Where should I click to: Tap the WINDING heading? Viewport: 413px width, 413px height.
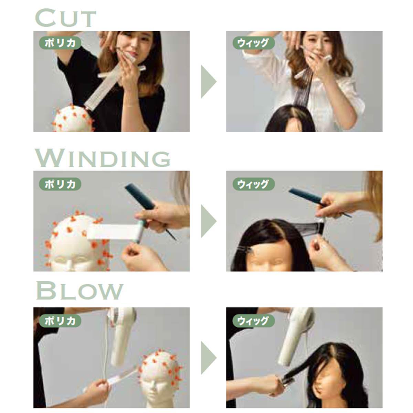click(x=103, y=158)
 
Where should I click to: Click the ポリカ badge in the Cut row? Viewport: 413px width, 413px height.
click(x=60, y=43)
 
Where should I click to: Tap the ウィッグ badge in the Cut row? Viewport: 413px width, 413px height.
click(x=254, y=43)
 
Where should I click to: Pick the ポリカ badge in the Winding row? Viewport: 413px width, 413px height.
click(x=60, y=184)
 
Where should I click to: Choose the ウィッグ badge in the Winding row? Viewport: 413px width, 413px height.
click(x=254, y=184)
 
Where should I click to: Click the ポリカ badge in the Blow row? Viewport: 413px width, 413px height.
click(x=60, y=321)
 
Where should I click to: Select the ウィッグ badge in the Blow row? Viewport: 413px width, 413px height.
click(x=254, y=321)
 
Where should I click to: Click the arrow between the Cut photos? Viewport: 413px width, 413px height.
click(x=208, y=82)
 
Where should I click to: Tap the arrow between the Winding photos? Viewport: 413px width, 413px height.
click(x=208, y=221)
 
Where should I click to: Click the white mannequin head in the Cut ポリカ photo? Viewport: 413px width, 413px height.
click(x=72, y=119)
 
